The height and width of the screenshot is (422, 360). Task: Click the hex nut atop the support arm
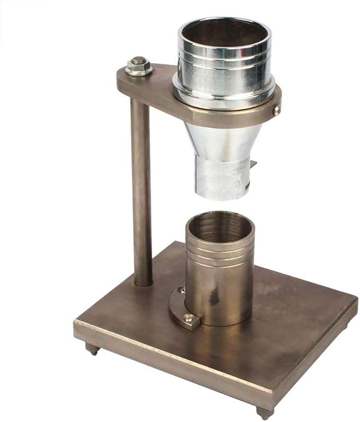pyautogui.click(x=139, y=67)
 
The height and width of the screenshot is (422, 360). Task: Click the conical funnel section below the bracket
pyautogui.click(x=223, y=141)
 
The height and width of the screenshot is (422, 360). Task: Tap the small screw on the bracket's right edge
pyautogui.click(x=277, y=110)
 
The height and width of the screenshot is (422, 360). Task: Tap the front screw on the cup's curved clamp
pyautogui.click(x=188, y=318)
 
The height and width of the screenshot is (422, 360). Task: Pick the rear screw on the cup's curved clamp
pyautogui.click(x=181, y=291)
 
